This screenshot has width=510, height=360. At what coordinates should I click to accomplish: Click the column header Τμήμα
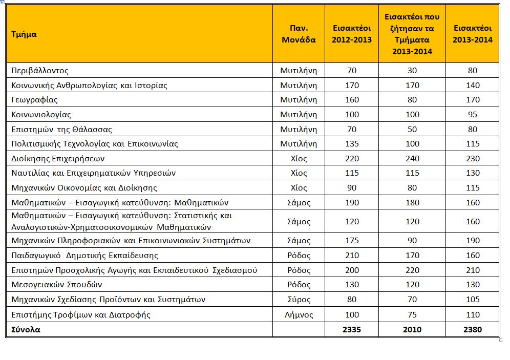coord(24,34)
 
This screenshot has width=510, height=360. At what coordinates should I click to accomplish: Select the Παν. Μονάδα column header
coord(299,34)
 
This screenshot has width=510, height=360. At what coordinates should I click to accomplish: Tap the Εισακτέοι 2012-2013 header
coord(352,34)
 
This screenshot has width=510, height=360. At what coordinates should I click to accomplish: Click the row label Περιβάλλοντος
coord(39,71)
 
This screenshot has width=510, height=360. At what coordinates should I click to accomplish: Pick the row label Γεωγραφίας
coord(34,100)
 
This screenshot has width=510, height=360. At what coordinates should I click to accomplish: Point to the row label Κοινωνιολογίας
coord(41,115)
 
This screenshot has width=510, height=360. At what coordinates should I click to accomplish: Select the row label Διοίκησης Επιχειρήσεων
coord(58,159)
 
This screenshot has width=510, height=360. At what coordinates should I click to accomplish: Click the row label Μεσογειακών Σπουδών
coord(57,285)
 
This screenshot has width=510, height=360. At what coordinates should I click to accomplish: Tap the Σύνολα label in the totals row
coord(26,329)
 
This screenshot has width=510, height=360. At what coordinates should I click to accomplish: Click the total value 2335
coord(352,329)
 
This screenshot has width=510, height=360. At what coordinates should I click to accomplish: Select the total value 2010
coord(412,329)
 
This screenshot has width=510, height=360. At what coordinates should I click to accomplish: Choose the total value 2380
coord(473,329)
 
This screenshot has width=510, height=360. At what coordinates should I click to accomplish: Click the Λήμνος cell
coord(299,315)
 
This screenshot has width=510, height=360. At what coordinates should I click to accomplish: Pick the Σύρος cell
coord(299,300)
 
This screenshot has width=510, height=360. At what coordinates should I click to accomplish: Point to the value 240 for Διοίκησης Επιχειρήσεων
coord(412,159)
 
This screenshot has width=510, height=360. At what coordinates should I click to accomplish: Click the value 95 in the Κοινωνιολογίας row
coord(473,115)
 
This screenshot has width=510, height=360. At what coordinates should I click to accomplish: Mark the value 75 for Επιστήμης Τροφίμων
coord(412,315)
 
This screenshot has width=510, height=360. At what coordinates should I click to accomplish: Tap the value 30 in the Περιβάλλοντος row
coord(412,71)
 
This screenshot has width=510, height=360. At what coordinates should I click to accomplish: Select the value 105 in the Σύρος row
coord(473,300)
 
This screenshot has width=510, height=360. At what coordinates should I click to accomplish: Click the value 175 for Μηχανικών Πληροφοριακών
coord(352,241)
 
